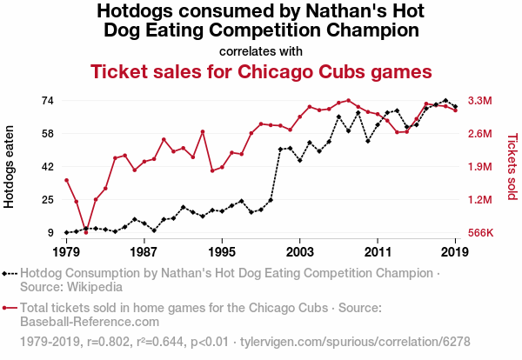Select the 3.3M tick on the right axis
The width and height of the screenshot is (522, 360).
481,100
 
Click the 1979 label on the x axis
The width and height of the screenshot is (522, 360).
66,251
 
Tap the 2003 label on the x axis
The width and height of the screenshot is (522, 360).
299,251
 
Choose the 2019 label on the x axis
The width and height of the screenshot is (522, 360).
455,251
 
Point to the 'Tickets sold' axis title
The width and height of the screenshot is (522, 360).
512,166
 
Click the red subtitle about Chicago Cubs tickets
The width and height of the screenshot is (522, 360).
262,71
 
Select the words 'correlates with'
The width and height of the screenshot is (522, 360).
261,50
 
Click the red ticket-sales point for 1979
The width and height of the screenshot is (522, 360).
66,180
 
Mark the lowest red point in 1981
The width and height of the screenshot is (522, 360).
85,232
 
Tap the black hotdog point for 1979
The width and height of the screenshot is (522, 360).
66,232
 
